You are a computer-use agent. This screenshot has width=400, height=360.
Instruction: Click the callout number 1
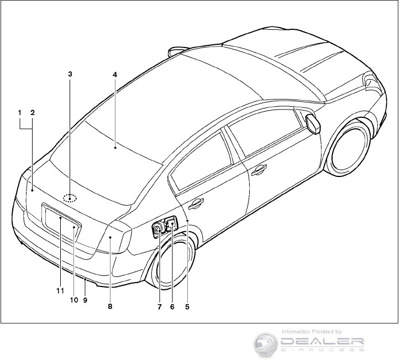point(19,112)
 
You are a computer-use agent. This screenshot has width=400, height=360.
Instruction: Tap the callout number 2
point(33,112)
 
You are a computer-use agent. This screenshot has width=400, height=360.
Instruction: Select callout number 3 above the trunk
point(70,74)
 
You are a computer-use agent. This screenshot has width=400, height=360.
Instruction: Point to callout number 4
point(115,74)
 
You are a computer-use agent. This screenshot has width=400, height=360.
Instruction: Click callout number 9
point(85,300)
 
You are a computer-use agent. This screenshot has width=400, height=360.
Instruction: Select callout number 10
point(73,300)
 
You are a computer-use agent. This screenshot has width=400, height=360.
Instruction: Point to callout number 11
point(60,290)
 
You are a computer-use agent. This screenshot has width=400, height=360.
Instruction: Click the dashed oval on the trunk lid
point(70,197)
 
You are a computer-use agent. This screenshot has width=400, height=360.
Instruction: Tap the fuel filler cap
point(157,227)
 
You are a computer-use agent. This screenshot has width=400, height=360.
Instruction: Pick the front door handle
point(259,171)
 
